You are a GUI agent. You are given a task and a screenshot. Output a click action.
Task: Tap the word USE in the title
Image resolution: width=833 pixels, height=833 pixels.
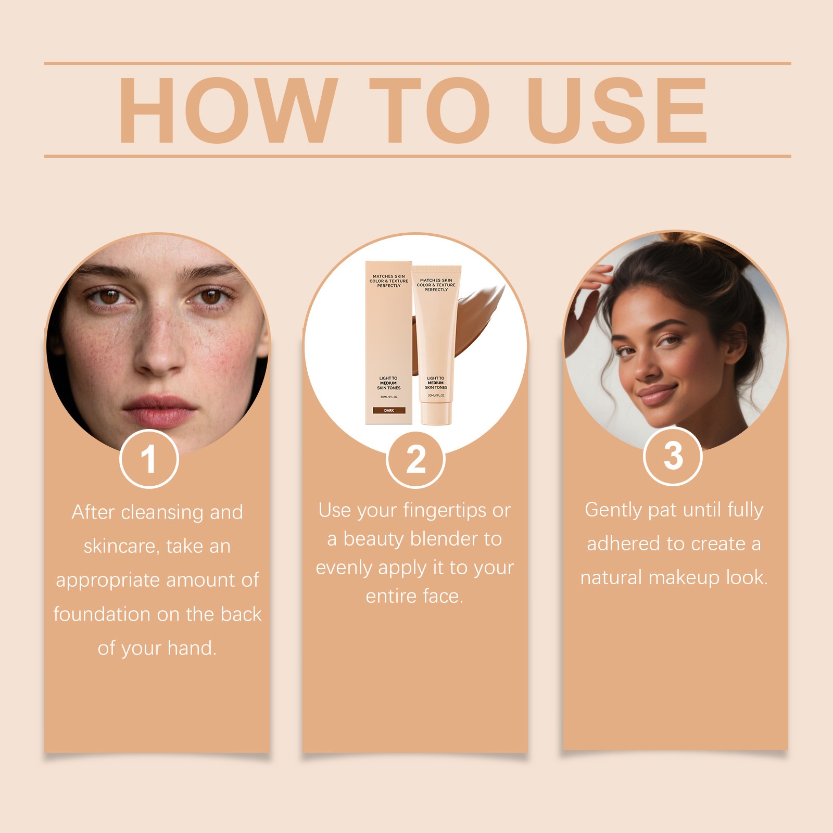[617, 110]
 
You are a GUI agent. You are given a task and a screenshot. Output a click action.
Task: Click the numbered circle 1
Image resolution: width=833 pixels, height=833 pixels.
[149, 459]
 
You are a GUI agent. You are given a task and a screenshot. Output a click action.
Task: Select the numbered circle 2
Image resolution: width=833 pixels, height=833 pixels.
[415, 459]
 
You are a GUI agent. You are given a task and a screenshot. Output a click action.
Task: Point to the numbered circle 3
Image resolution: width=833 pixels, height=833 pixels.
[673, 456]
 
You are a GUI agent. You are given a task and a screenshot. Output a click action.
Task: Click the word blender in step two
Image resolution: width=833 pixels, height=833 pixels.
[444, 539]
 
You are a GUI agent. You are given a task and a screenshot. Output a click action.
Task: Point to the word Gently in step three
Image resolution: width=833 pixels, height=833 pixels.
[614, 511]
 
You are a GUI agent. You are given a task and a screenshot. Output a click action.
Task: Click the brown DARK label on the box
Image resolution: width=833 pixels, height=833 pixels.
[389, 411]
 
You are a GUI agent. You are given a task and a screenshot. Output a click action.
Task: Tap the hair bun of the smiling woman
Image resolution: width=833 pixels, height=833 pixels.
[692, 250]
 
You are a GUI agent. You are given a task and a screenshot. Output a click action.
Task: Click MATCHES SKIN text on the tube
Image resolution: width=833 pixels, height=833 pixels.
[436, 281]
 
